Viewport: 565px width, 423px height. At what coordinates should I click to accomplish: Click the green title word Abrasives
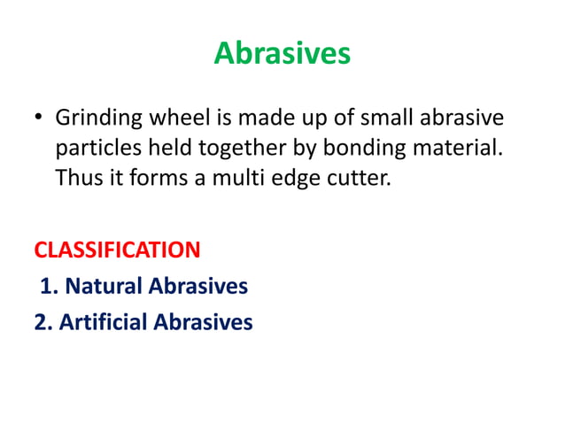[x=282, y=55]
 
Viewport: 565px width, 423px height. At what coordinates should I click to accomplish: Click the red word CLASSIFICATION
[x=117, y=250]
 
